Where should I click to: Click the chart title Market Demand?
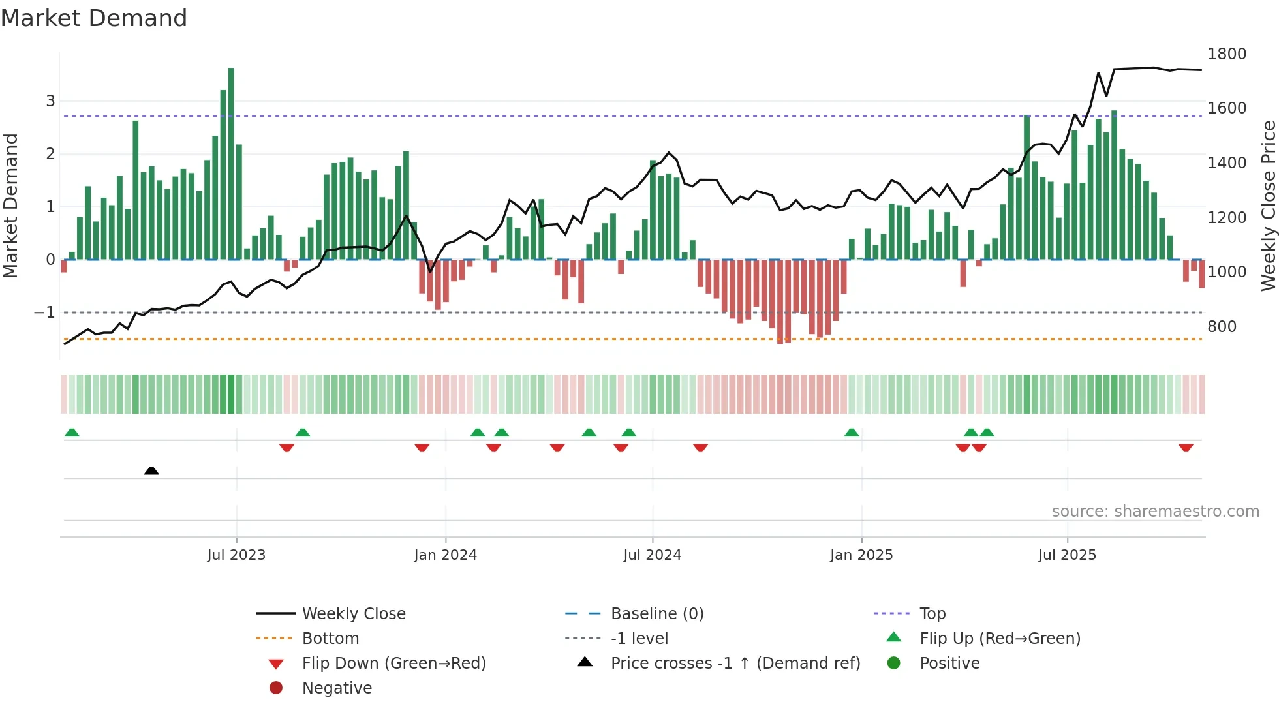94,18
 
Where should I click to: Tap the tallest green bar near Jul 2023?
231,163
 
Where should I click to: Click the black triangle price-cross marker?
151,470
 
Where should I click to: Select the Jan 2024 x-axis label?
445,555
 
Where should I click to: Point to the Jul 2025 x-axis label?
1067,555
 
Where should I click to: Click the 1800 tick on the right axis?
1226,54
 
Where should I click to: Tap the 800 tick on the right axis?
1222,326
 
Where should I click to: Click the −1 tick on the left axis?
44,313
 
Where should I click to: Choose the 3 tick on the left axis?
50,101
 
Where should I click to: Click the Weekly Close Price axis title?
1268,206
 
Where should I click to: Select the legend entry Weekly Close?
353,614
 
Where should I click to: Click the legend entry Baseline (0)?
656,614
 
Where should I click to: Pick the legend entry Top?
932,614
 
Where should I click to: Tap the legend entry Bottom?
330,639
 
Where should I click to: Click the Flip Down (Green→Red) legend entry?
393,664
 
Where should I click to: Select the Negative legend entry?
337,688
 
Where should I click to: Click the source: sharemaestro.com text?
1155,512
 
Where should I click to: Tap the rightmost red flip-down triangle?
1186,448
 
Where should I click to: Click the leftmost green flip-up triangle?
72,433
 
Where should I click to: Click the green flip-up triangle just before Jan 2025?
852,433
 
